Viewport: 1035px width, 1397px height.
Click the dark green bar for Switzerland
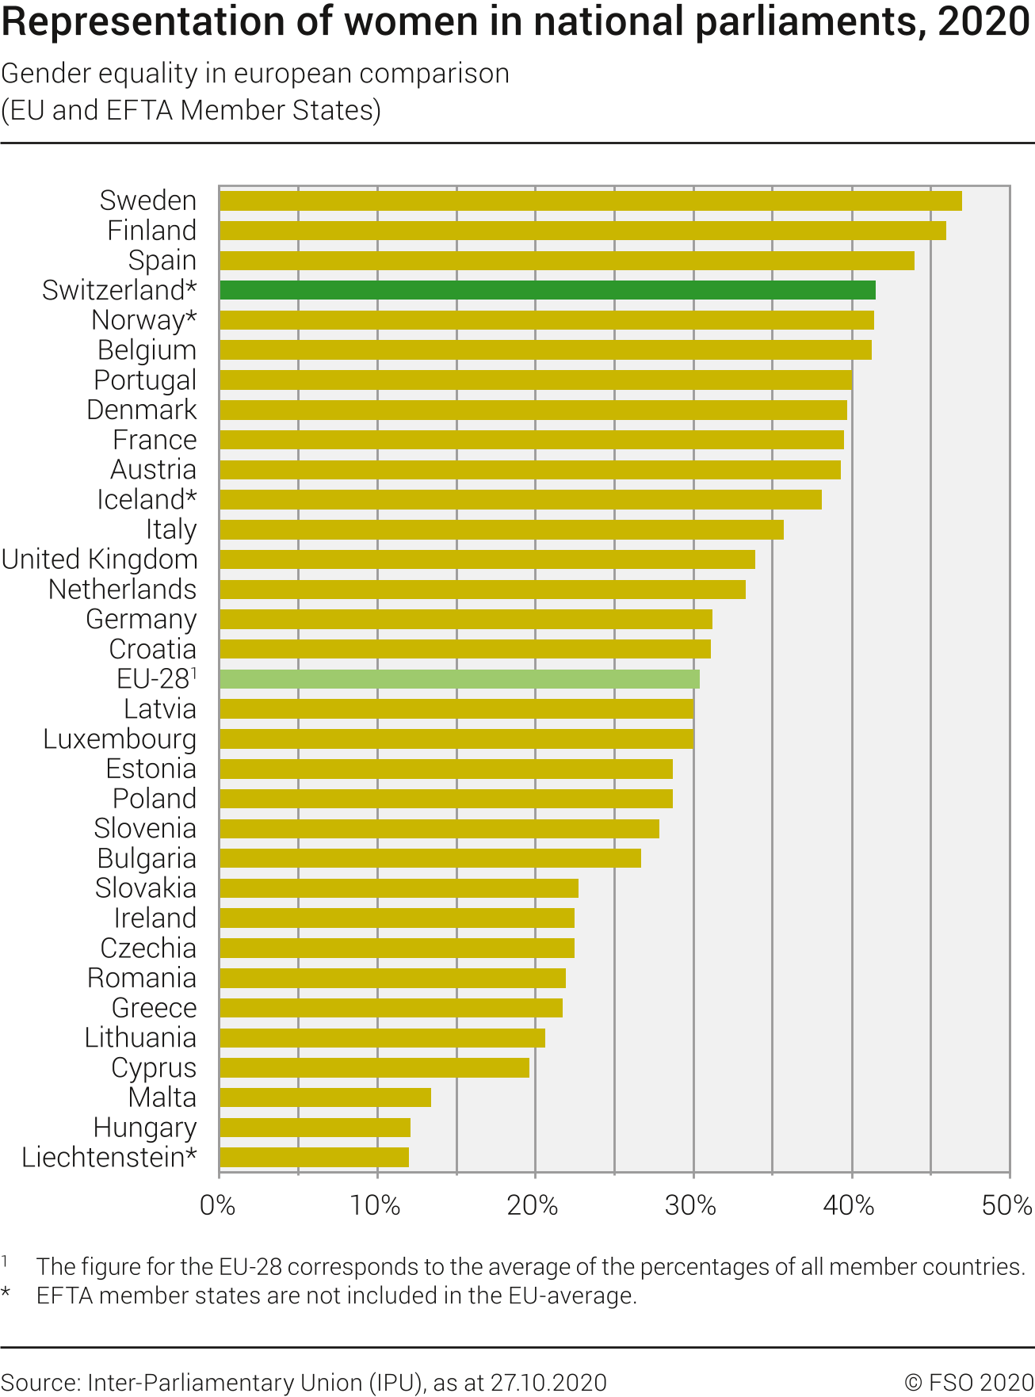coord(547,290)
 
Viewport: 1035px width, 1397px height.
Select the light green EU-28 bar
coord(459,679)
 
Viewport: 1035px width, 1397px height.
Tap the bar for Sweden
coord(590,200)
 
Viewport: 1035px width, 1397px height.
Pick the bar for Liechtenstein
coord(314,1158)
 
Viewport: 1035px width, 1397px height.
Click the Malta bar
coord(325,1097)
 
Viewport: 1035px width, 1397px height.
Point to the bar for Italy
coord(501,529)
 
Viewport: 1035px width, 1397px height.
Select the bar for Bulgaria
coord(430,858)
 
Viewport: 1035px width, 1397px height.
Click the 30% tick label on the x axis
coord(691,1206)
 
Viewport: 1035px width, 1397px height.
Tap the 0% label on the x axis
coord(217,1206)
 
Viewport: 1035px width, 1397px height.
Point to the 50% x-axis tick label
coord(1006,1206)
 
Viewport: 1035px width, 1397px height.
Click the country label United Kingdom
coord(100,559)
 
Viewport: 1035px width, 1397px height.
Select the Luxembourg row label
coord(120,739)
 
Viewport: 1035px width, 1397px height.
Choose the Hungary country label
coord(145,1128)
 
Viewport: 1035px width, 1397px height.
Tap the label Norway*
coord(144,320)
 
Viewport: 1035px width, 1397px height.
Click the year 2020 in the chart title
coord(984,22)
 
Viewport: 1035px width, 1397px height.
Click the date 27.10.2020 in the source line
coord(548,1383)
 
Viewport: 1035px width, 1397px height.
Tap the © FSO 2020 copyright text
coord(968,1383)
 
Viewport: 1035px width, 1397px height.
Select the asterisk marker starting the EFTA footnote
coord(6,1293)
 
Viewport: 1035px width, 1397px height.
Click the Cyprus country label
coord(154,1068)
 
